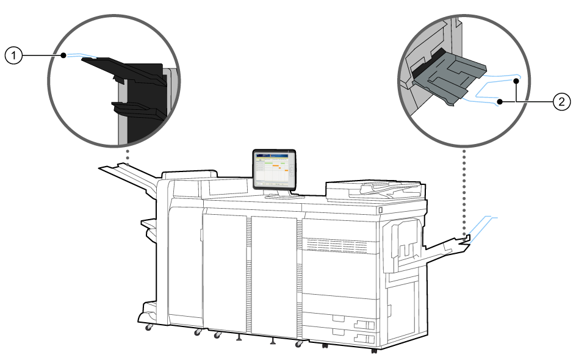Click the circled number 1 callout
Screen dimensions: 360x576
coord(13,56)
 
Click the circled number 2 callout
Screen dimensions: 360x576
coord(561,102)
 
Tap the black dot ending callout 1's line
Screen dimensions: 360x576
coord(63,56)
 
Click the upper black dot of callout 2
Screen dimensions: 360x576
coord(516,81)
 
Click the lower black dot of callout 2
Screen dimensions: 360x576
coord(500,102)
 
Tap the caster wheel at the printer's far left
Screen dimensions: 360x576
coord(148,328)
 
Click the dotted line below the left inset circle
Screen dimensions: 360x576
coord(127,154)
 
